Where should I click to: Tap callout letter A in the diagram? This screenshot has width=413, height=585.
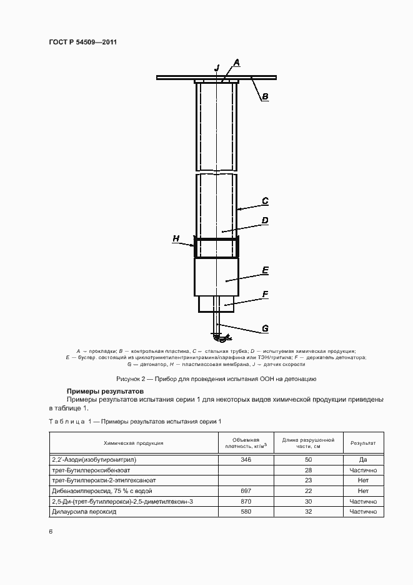(237, 62)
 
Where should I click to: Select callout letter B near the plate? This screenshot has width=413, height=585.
(265, 96)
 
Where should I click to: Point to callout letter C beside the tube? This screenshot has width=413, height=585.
(265, 201)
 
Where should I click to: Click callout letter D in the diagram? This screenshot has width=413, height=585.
(265, 220)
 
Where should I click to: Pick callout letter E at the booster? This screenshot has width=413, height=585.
(265, 270)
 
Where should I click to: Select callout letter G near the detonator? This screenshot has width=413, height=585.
(265, 328)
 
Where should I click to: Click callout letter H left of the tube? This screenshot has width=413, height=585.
(176, 238)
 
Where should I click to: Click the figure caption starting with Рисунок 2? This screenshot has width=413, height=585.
(217, 379)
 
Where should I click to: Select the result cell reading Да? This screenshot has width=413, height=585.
(362, 459)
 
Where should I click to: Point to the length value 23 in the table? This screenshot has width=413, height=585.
(308, 481)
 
